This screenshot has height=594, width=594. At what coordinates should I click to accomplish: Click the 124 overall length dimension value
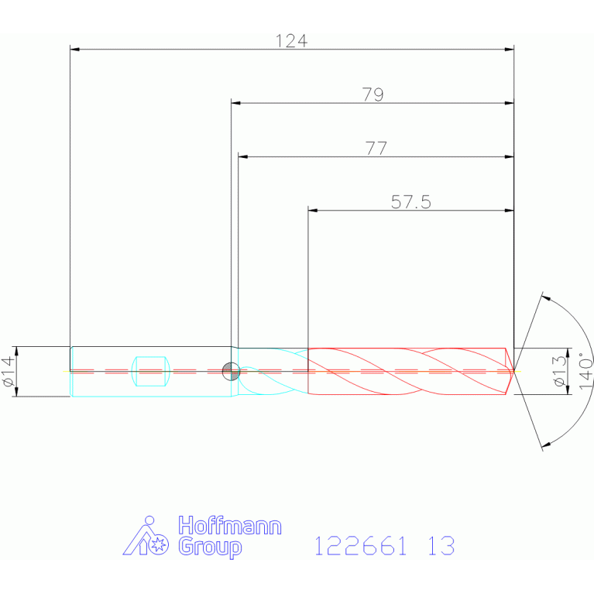pos(291,41)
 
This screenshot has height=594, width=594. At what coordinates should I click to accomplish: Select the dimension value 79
pos(373,94)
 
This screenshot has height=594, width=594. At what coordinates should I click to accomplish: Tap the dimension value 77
pos(376,149)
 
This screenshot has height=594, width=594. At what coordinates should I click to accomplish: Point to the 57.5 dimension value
pos(411,202)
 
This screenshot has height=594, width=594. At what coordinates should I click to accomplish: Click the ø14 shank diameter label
pos(9,371)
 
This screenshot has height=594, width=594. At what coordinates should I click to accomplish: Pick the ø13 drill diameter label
pos(560,371)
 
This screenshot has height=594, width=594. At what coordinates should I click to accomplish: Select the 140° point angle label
pos(585,370)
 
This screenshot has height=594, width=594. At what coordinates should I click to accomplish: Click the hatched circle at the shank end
pos(231,371)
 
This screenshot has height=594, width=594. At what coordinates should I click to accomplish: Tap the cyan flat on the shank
pos(150,371)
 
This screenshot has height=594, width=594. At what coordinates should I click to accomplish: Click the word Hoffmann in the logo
pos(230,525)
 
